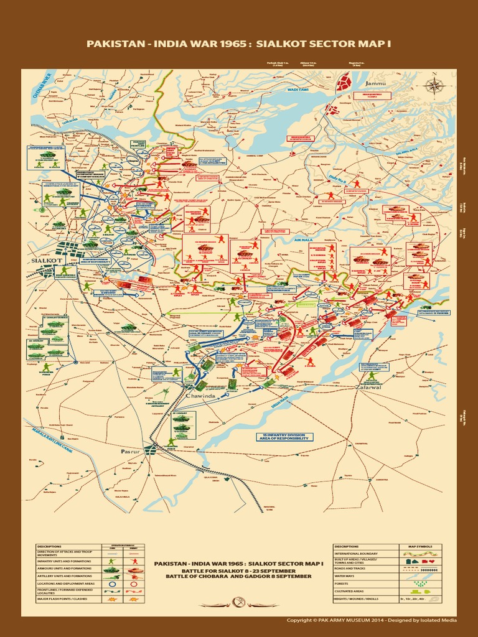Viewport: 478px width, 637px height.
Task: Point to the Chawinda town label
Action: click(x=201, y=395)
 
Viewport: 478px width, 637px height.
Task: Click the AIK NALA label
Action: click(x=302, y=239)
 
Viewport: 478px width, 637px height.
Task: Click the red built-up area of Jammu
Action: click(x=344, y=81)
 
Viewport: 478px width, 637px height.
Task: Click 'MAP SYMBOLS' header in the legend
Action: click(x=420, y=547)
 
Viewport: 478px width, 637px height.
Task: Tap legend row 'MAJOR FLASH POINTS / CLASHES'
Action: click(x=65, y=598)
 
